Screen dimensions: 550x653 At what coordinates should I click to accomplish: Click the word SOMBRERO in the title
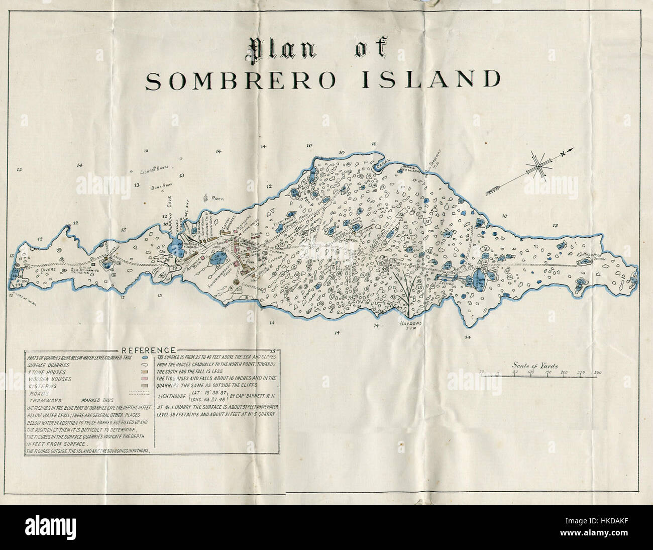click(x=240, y=80)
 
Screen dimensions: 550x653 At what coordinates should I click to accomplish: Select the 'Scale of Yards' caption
click(x=535, y=366)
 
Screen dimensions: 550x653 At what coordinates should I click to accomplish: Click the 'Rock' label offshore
click(x=217, y=198)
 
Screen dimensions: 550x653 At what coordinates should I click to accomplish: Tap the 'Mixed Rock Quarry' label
click(x=594, y=256)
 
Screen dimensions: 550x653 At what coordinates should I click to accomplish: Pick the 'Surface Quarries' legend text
click(x=49, y=364)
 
